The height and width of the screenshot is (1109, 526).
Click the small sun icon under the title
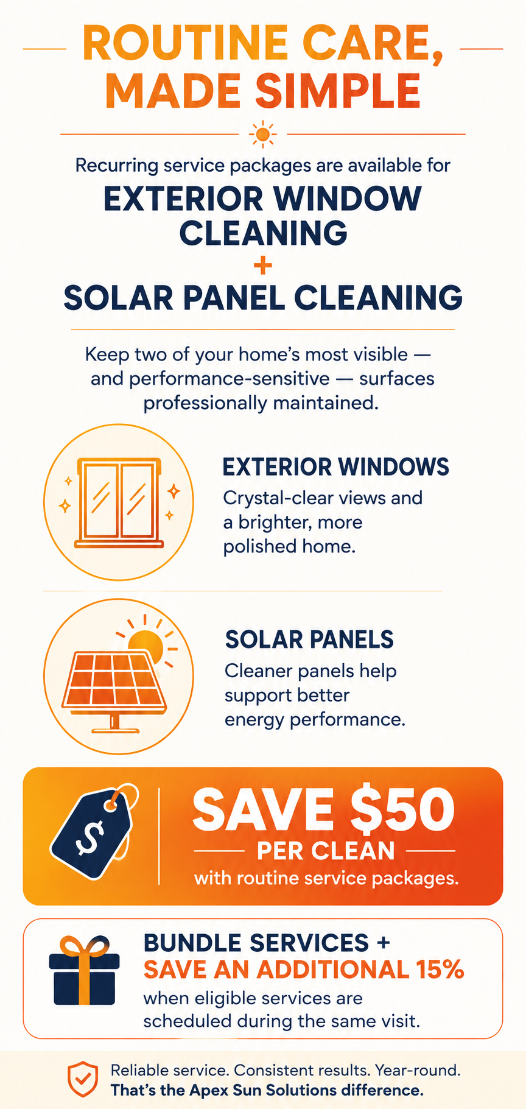coord(262,133)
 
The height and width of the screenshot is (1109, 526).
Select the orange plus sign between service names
coord(263,266)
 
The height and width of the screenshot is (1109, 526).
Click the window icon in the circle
coord(119,502)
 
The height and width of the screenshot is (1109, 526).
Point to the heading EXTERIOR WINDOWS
coord(335,467)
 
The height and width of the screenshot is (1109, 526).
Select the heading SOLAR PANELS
coord(309,639)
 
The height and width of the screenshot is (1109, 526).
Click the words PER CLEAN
coord(326,851)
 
